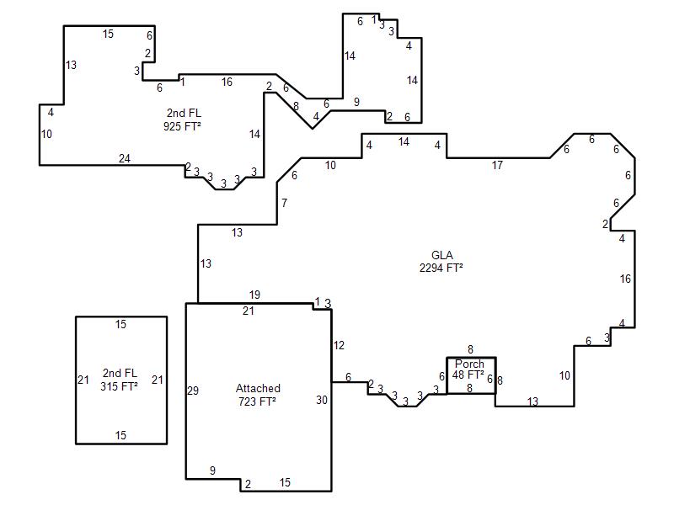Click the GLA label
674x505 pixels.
point(441,255)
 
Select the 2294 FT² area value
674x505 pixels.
point(441,268)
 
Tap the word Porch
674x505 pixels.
point(469,364)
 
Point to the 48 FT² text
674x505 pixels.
point(468,375)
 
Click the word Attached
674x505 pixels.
point(258,388)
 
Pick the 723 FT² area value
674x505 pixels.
point(257,401)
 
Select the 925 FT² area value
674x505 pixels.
point(182,126)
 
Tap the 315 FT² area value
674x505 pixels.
point(119,386)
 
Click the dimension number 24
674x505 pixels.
point(124,158)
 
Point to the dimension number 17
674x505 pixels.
point(497,165)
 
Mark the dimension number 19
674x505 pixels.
point(254,295)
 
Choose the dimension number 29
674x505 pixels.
point(193,391)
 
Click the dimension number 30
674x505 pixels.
point(322,401)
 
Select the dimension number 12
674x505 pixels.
point(339,345)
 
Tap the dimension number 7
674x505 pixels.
point(284,203)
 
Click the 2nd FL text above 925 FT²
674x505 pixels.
point(184,113)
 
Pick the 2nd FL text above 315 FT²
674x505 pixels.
point(120,373)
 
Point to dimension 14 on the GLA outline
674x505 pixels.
point(404,141)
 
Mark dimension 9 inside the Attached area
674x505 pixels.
point(212,470)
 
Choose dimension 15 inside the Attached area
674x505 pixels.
point(285,482)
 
